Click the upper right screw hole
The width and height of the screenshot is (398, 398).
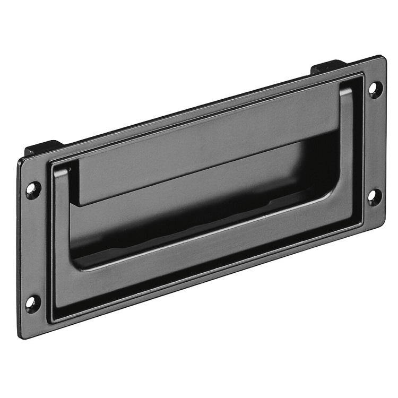pyautogui.click(x=375, y=89)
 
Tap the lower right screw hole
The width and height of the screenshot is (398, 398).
pyautogui.click(x=374, y=196)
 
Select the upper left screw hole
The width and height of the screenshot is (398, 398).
pyautogui.click(x=33, y=189)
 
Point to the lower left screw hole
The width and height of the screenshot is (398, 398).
pyautogui.click(x=32, y=303)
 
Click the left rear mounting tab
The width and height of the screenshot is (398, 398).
pyautogui.click(x=43, y=148)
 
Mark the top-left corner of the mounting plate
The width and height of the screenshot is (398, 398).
pyautogui.click(x=20, y=159)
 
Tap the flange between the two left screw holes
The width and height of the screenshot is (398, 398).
pyautogui.click(x=33, y=247)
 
